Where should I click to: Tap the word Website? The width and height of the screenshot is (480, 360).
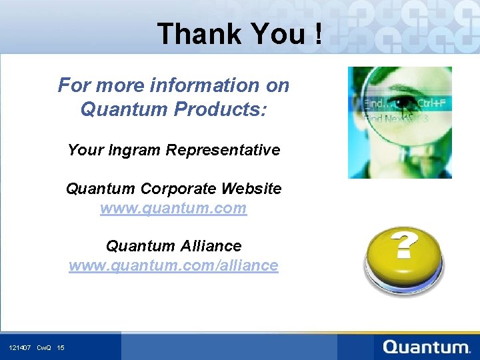[253, 189]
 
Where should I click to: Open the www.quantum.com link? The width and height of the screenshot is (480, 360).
[173, 208]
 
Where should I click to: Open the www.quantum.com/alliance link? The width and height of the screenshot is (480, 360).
[173, 265]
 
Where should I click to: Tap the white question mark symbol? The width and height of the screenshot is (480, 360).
[403, 246]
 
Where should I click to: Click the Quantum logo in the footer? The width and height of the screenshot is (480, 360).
[427, 347]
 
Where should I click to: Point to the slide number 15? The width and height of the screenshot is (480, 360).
[61, 347]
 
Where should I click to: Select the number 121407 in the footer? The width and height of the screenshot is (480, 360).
[20, 347]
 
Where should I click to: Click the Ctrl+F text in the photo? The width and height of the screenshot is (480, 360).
[433, 103]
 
